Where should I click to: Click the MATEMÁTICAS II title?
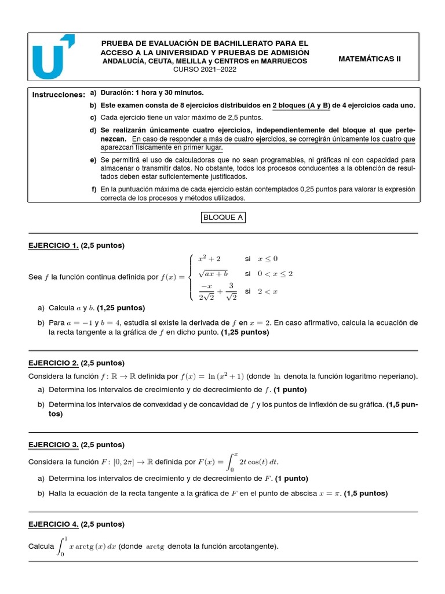tap(369, 59)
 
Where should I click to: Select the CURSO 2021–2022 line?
tap(205, 70)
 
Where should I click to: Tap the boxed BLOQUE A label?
tap(223, 218)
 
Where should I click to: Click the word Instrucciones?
tap(59, 95)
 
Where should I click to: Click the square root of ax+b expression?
tap(213, 273)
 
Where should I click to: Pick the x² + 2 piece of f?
tap(209, 258)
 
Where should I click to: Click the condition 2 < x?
tap(268, 291)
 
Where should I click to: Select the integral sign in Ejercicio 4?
tap(62, 546)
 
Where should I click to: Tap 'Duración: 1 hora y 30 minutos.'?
tap(152, 93)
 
